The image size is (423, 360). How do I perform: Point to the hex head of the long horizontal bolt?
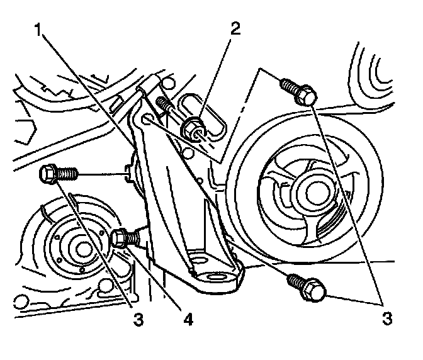49,173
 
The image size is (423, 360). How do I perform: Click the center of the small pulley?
81,247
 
